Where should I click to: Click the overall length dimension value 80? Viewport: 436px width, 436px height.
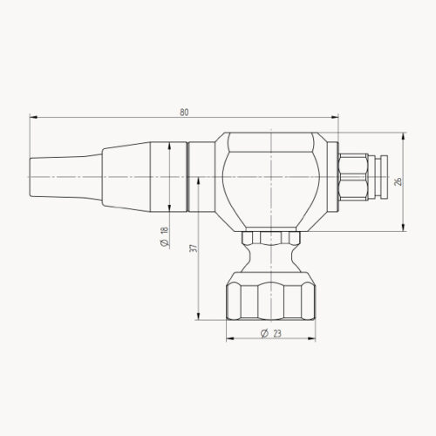coord(184,112)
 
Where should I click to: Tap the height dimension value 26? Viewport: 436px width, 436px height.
coord(397,182)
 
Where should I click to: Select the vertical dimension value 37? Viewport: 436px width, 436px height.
coord(193,249)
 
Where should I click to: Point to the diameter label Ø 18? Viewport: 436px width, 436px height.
coord(163,235)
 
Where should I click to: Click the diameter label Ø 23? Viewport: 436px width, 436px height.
coord(269,333)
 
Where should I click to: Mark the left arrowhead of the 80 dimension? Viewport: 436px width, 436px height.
coord(32,117)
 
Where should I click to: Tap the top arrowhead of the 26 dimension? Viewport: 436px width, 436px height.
coord(404,135)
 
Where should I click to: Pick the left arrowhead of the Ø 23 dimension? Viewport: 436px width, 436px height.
coord(228,339)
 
